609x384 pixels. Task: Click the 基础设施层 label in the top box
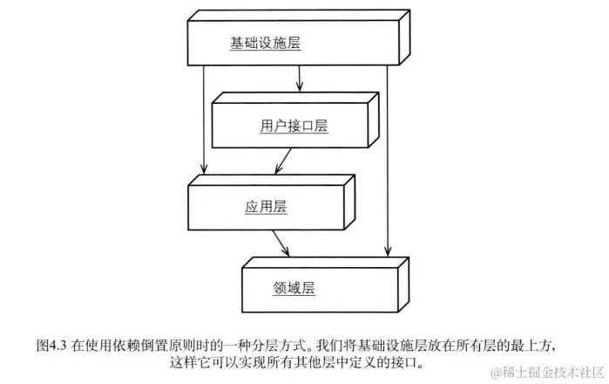pyautogui.click(x=265, y=43)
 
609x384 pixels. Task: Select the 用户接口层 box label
pyautogui.click(x=294, y=126)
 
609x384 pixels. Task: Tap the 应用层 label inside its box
pyautogui.click(x=266, y=207)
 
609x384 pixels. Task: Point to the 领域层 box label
pyautogui.click(x=294, y=287)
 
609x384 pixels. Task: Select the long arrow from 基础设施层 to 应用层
pyautogui.click(x=204, y=122)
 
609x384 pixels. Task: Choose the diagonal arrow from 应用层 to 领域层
pyautogui.click(x=281, y=243)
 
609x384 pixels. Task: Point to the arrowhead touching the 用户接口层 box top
pyautogui.click(x=300, y=88)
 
